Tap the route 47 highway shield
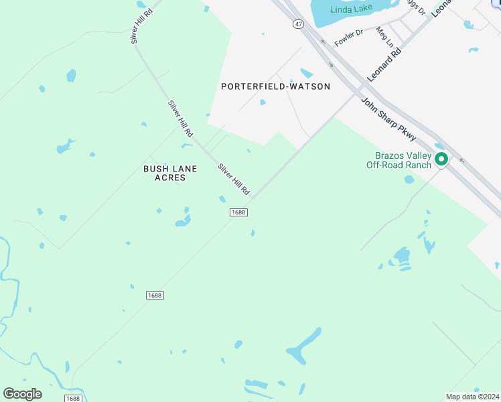(x=298, y=23)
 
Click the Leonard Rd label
(x=384, y=64)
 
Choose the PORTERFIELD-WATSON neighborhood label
(x=275, y=86)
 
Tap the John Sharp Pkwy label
(x=388, y=119)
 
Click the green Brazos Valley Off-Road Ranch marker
(x=441, y=159)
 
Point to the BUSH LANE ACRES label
(x=170, y=173)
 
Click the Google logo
(x=22, y=393)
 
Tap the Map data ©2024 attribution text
(x=472, y=396)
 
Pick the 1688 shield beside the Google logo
(x=74, y=398)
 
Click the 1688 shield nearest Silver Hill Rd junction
(x=238, y=212)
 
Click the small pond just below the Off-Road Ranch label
(x=409, y=180)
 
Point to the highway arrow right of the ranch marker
(x=461, y=160)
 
